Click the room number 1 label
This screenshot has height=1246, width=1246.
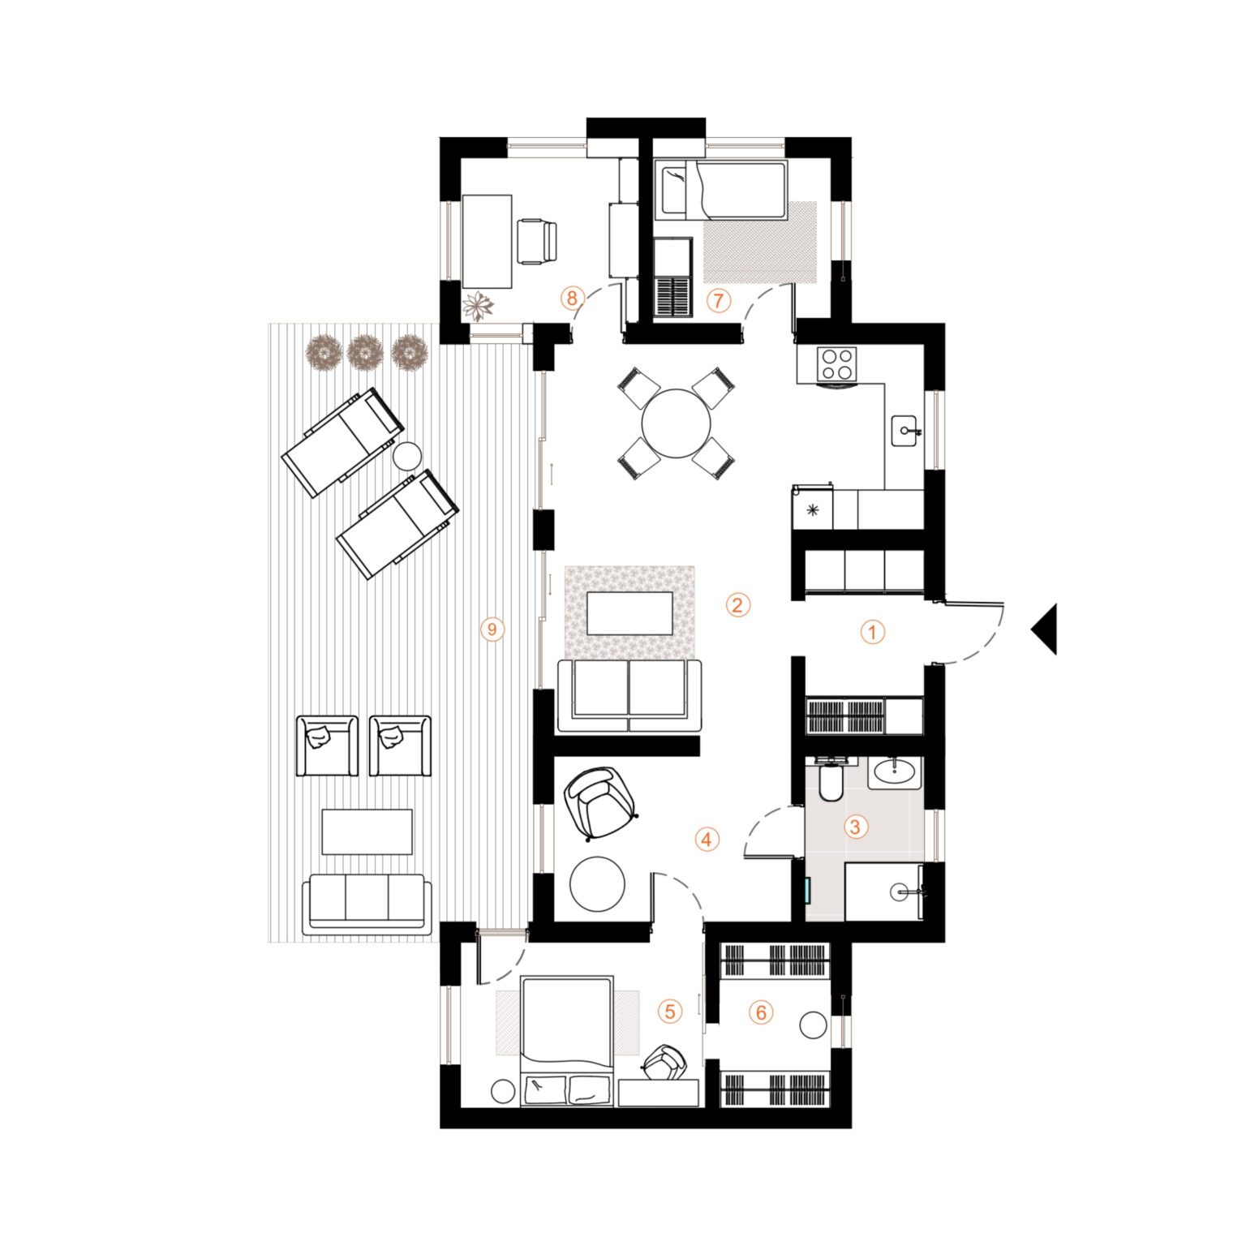click(x=872, y=632)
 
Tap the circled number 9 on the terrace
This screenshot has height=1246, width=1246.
click(x=492, y=629)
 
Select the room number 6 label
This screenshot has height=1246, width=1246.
click(x=761, y=1012)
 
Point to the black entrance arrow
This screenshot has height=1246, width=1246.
click(x=1045, y=629)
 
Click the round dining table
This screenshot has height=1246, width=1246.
click(x=676, y=423)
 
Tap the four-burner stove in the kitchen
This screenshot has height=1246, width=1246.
click(x=836, y=363)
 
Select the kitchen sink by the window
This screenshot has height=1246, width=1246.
click(x=906, y=431)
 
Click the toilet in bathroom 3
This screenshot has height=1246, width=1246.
click(x=831, y=780)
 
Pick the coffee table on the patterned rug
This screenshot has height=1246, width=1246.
click(x=629, y=612)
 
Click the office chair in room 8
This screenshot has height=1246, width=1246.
click(x=537, y=241)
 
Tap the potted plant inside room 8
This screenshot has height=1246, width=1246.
click(x=478, y=307)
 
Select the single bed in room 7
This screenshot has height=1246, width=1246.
click(x=720, y=190)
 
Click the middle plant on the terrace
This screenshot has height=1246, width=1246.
click(x=365, y=352)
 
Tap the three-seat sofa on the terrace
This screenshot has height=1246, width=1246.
click(x=367, y=904)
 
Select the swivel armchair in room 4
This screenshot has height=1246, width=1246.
click(x=599, y=803)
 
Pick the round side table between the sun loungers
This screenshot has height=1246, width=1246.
click(x=407, y=455)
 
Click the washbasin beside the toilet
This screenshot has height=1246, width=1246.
click(x=895, y=772)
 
